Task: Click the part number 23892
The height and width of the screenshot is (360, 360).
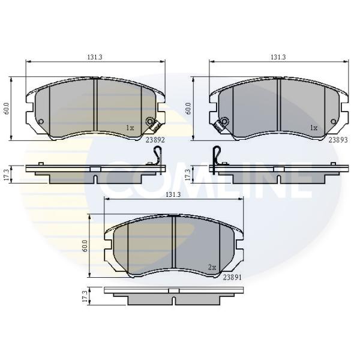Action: click(x=155, y=140)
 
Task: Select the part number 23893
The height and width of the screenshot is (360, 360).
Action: click(x=338, y=140)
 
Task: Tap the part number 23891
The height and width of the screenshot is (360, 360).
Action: click(x=232, y=278)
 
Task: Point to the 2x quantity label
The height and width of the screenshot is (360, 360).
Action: click(x=212, y=267)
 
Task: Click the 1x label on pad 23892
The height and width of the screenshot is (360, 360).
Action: click(x=130, y=128)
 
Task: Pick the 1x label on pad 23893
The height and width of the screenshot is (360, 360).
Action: click(x=314, y=128)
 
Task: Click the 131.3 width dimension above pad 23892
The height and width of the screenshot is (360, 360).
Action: click(x=95, y=57)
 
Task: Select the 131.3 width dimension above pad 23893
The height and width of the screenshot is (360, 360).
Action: click(x=278, y=57)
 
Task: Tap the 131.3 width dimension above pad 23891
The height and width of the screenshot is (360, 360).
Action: click(x=173, y=194)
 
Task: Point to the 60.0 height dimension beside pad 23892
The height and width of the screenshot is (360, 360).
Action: click(x=7, y=109)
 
